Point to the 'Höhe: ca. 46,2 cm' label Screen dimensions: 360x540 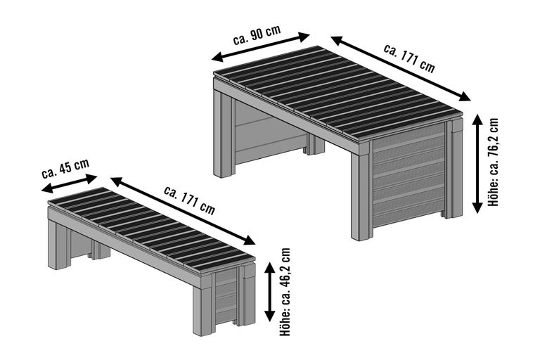(x=285, y=292)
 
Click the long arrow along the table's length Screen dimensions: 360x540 (x=401, y=68)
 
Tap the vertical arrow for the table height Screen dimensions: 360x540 (x=477, y=163)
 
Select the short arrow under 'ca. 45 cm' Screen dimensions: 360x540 (x=69, y=181)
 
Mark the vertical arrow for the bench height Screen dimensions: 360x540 (x=269, y=291)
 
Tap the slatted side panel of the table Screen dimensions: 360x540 (x=408, y=176)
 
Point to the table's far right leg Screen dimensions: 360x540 (x=454, y=169)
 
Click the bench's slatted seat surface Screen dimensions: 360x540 (x=148, y=225)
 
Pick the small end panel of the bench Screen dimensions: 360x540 (x=224, y=295)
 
